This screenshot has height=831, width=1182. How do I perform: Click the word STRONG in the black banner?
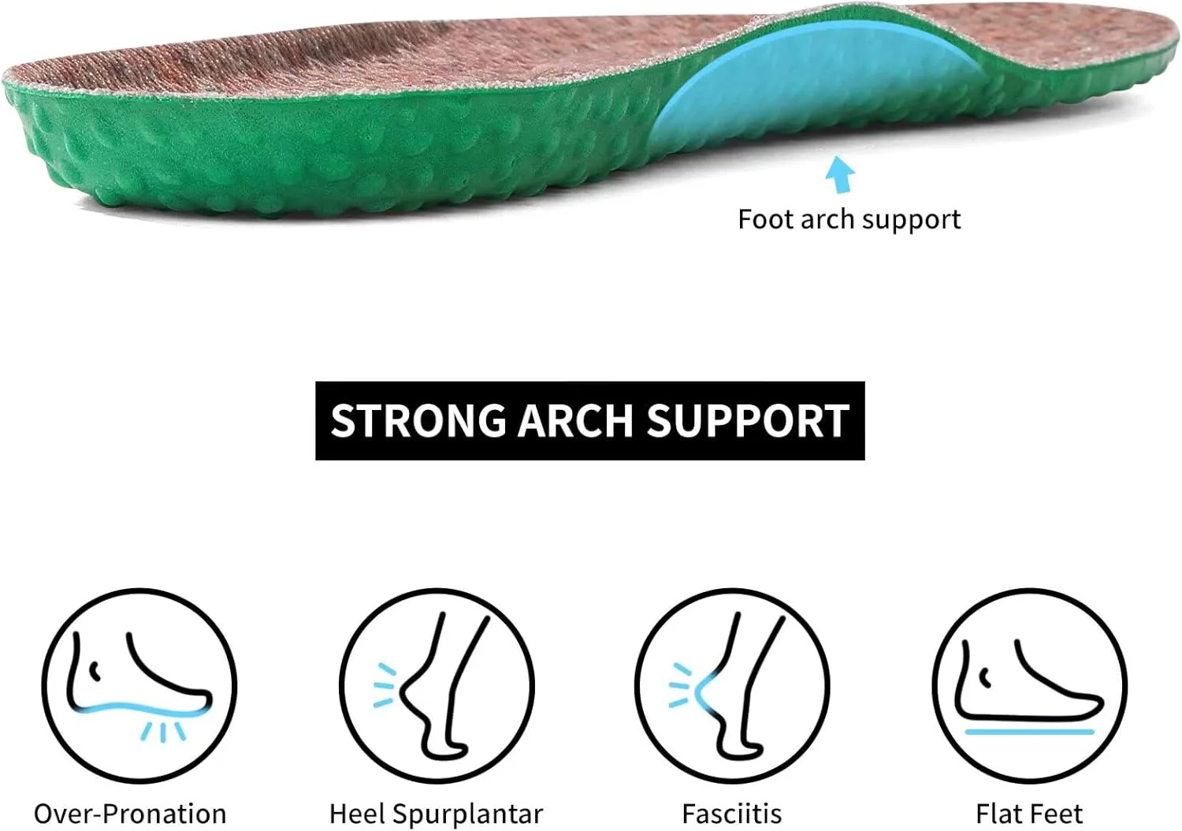[x=418, y=421]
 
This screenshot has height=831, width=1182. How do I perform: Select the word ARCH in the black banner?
[x=575, y=421]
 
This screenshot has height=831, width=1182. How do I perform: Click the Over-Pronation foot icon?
[x=139, y=686]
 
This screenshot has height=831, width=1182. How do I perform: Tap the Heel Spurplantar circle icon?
[x=437, y=686]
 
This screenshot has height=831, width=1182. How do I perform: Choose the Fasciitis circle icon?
[x=732, y=686]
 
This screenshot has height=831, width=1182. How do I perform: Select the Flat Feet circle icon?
[x=1030, y=686]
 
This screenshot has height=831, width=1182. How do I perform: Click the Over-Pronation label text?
[x=130, y=814]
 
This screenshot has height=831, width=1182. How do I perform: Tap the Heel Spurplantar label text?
[x=437, y=814]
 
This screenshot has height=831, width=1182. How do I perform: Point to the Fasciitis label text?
[x=732, y=814]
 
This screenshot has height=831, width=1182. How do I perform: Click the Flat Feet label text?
[x=1029, y=814]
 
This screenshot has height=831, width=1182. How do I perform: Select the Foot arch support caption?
[x=849, y=220]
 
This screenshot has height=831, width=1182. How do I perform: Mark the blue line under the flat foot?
[x=1029, y=732]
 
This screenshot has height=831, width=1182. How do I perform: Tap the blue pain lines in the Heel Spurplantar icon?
[x=385, y=686]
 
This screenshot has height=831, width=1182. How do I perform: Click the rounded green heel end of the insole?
[x=32, y=137]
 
